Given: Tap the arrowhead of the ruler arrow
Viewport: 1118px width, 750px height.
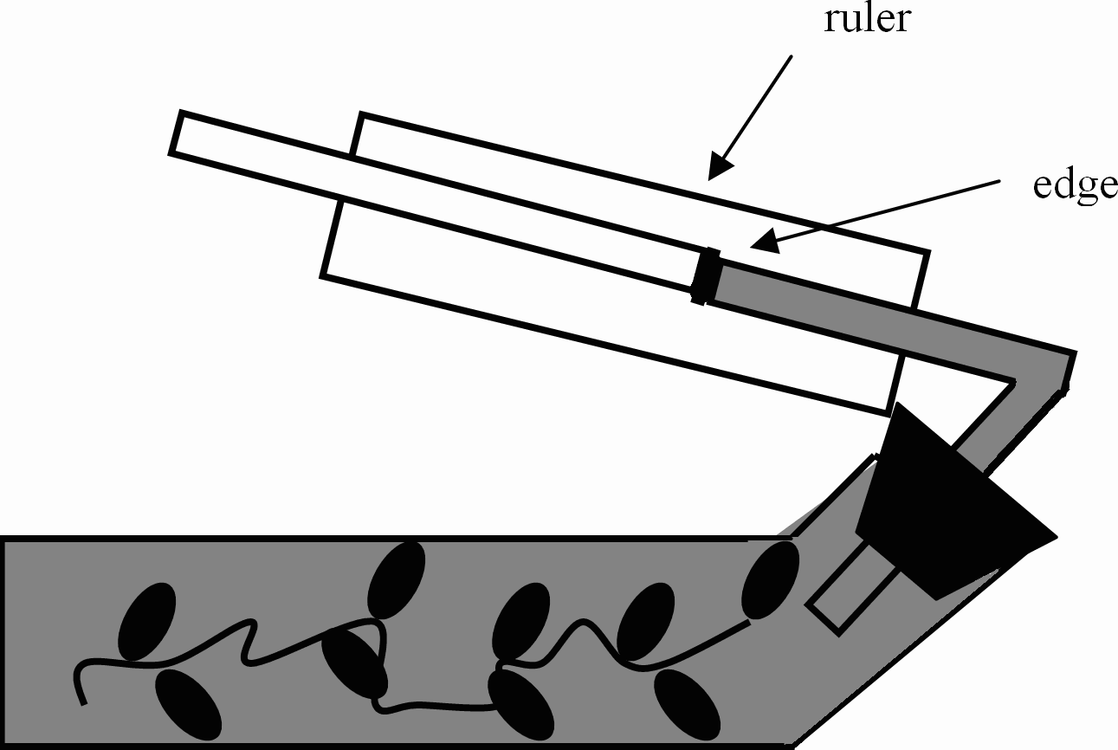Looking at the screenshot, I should click(718, 165).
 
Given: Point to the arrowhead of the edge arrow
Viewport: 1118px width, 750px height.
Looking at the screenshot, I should click(759, 245).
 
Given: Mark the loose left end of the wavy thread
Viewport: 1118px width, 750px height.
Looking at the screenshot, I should click(83, 702).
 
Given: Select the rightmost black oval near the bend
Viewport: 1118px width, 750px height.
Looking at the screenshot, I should click(770, 580).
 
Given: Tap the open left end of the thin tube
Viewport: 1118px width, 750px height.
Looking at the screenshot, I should click(176, 133).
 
